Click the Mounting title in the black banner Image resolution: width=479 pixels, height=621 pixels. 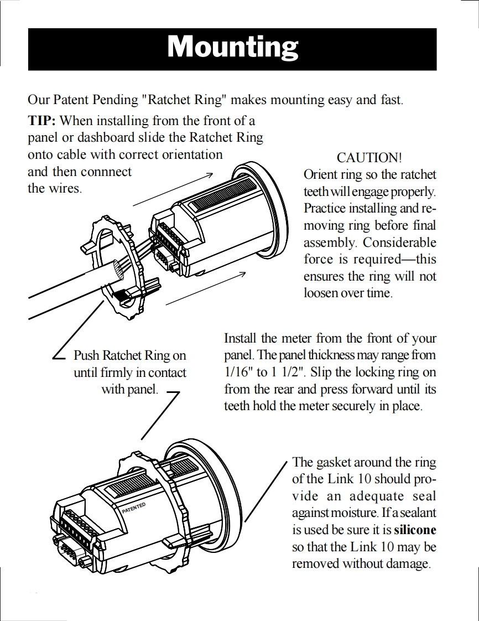click(232, 46)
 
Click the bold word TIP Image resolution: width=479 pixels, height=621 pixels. click(42, 120)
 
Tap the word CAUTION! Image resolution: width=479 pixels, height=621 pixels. click(369, 158)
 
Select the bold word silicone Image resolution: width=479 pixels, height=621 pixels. click(414, 530)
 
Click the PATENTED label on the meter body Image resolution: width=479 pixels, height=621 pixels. click(133, 508)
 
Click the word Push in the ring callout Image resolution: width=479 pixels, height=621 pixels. click(87, 355)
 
